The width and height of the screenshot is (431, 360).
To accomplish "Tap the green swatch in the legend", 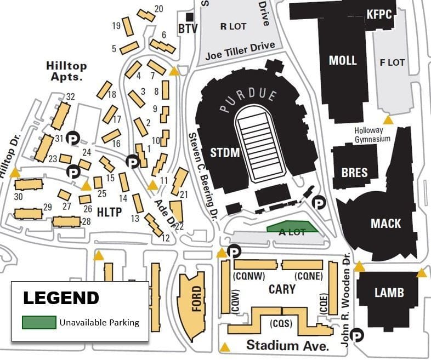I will [38, 322].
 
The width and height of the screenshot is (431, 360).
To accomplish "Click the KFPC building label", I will [379, 14].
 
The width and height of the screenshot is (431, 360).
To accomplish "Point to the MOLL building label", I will [343, 60].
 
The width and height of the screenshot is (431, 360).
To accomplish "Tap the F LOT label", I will [392, 62].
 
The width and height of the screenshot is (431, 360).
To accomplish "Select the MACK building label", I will [385, 224].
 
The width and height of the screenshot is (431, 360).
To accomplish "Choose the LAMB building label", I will [389, 293].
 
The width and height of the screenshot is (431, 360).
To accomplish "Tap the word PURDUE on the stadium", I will [248, 100].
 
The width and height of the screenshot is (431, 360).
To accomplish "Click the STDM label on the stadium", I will [225, 152].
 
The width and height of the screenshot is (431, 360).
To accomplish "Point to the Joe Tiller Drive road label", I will [241, 50].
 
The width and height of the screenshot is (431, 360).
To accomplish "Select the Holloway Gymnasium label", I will [372, 135].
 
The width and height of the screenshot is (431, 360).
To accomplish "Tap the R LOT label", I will [232, 26].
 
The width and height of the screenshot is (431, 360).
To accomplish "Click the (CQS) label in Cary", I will [281, 323].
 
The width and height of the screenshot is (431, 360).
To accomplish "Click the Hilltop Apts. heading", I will [66, 71].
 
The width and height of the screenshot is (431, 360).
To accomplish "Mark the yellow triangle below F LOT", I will [388, 119].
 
